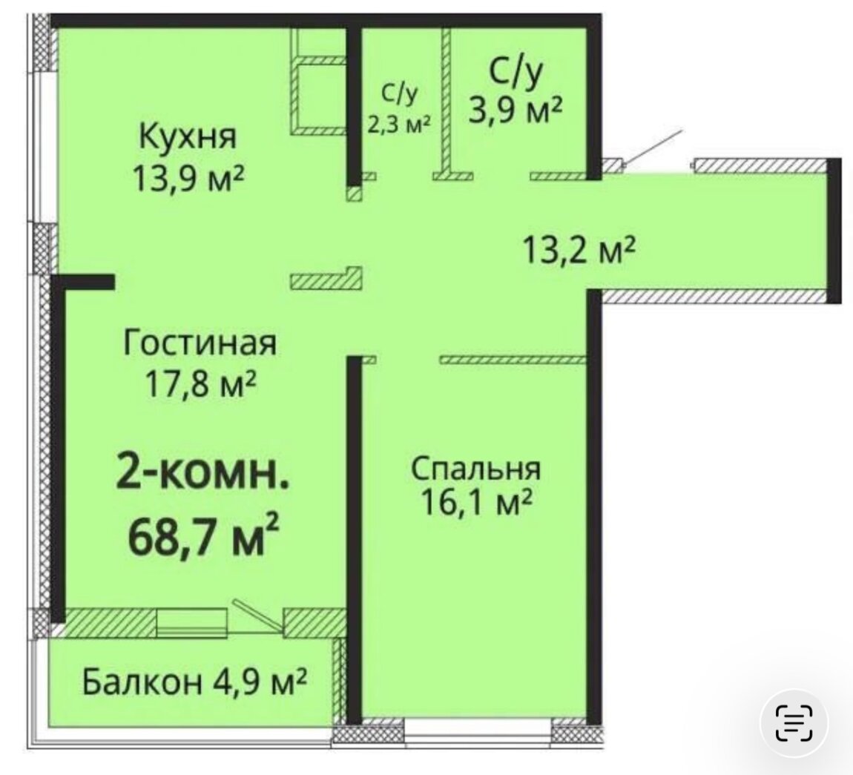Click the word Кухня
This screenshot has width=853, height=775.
tap(188, 136)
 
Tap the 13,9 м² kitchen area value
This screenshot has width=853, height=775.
tap(188, 178)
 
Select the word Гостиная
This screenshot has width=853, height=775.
tap(200, 343)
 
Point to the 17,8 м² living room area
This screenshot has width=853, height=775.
tap(200, 384)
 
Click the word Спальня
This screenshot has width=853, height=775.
tap(476, 468)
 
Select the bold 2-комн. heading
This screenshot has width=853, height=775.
tap(202, 473)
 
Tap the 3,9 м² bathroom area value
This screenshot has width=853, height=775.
tap(516, 111)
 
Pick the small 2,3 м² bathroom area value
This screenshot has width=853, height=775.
tap(399, 124)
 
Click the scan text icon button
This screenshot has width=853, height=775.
tap(794, 723)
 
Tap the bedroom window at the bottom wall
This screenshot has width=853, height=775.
tap(478, 727)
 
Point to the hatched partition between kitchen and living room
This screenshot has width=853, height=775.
tap(326, 278)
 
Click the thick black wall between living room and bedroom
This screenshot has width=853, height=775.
tap(355, 540)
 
